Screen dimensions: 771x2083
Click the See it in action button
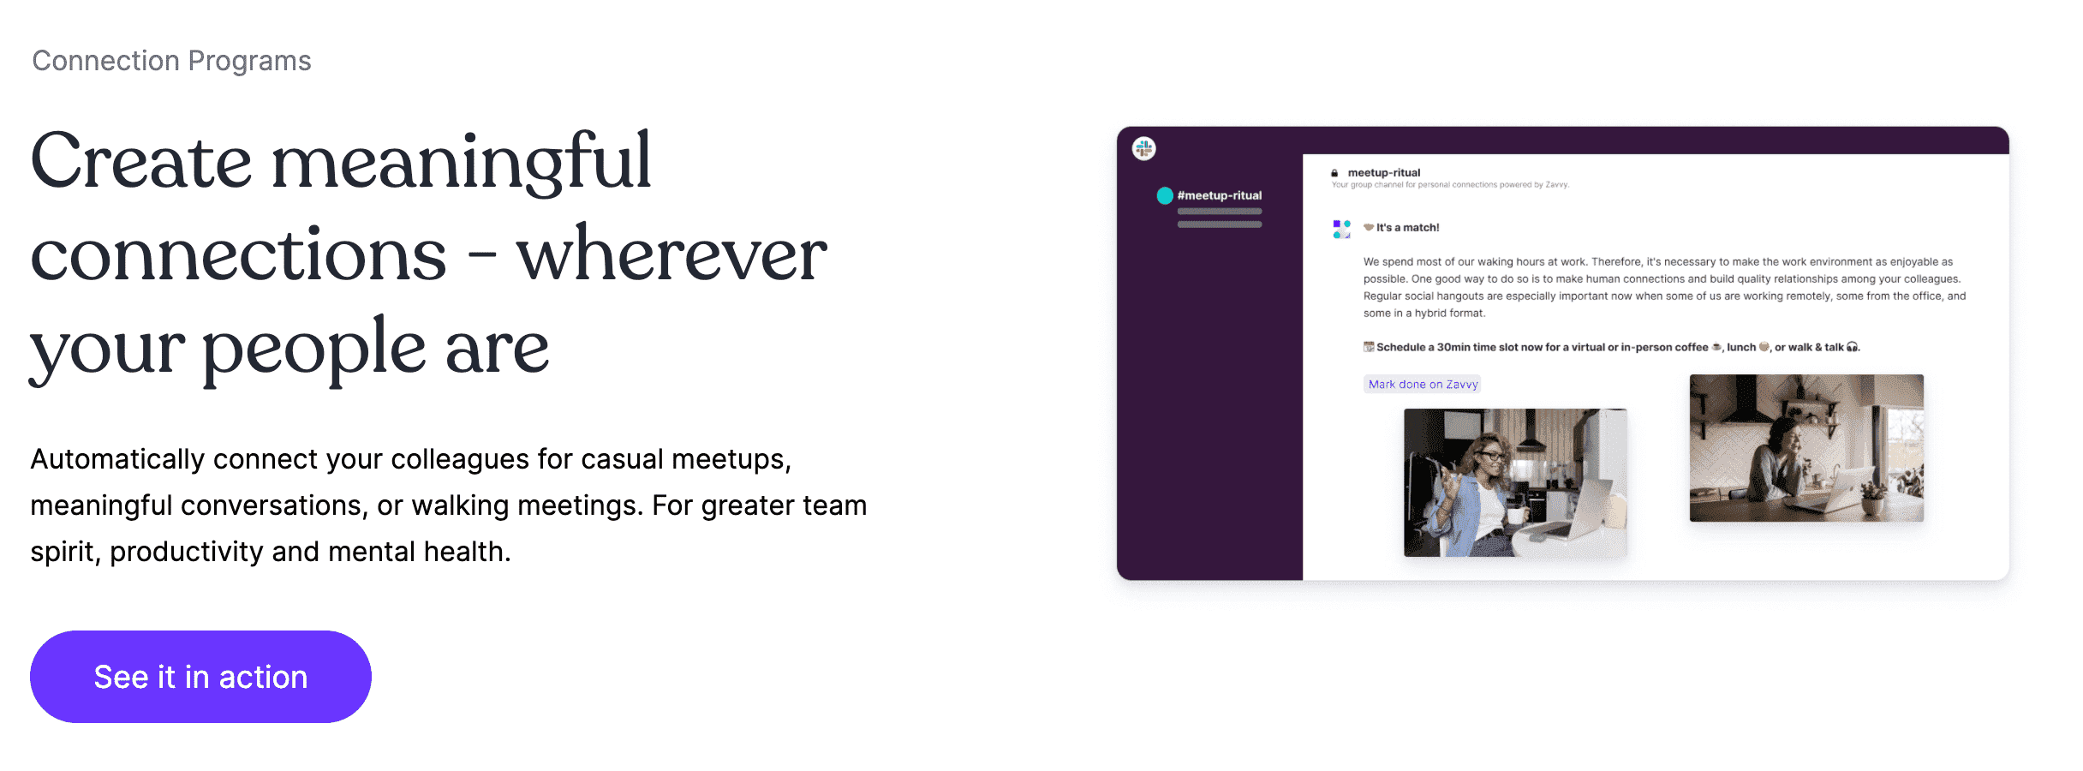pyautogui.click(x=200, y=677)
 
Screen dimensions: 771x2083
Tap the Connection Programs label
pyautogui.click(x=171, y=61)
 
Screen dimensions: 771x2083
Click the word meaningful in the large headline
pyautogui.click(x=461, y=163)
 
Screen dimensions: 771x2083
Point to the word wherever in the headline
pyautogui.click(x=671, y=255)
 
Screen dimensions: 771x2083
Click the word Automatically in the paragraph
pyautogui.click(x=117, y=459)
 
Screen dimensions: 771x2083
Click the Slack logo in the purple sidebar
pyautogui.click(x=1143, y=149)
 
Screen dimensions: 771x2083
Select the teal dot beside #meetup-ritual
pyautogui.click(x=1165, y=195)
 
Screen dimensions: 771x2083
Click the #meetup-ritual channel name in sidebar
pyautogui.click(x=1219, y=195)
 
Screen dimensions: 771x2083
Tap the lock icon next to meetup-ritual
pyautogui.click(x=1334, y=173)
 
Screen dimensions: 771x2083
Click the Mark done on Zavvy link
pyautogui.click(x=1423, y=385)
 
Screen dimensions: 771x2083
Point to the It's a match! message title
pyautogui.click(x=1407, y=228)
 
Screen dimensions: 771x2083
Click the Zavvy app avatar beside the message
pyautogui.click(x=1341, y=229)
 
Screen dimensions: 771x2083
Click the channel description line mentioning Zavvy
pyautogui.click(x=1450, y=185)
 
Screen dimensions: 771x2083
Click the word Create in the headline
pyautogui.click(x=141, y=163)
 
